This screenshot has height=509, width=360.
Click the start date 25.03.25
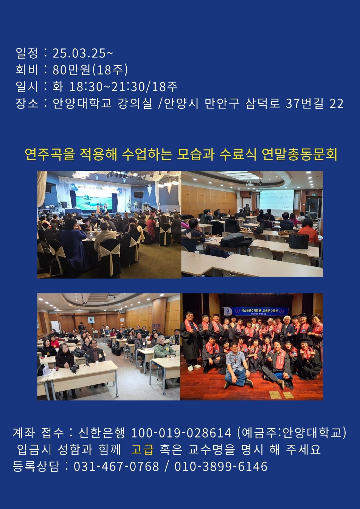coord(79,53)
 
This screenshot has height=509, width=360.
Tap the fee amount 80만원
coord(71,70)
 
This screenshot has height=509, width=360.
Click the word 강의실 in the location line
coord(135,104)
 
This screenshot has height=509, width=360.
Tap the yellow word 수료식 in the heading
coord(238,154)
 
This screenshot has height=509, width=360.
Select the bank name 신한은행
coord(101,433)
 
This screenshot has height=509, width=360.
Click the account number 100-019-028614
coord(181,433)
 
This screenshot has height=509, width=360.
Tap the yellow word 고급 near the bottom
coord(142,449)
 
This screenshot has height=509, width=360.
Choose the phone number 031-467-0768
coord(116,466)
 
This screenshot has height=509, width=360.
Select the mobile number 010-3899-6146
coord(221,466)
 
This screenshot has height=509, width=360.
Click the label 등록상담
coord(36,466)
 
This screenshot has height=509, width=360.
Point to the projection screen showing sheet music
coord(276,200)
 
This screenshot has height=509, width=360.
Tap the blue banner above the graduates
coord(255,311)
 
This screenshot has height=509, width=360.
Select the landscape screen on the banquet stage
coord(94,200)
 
